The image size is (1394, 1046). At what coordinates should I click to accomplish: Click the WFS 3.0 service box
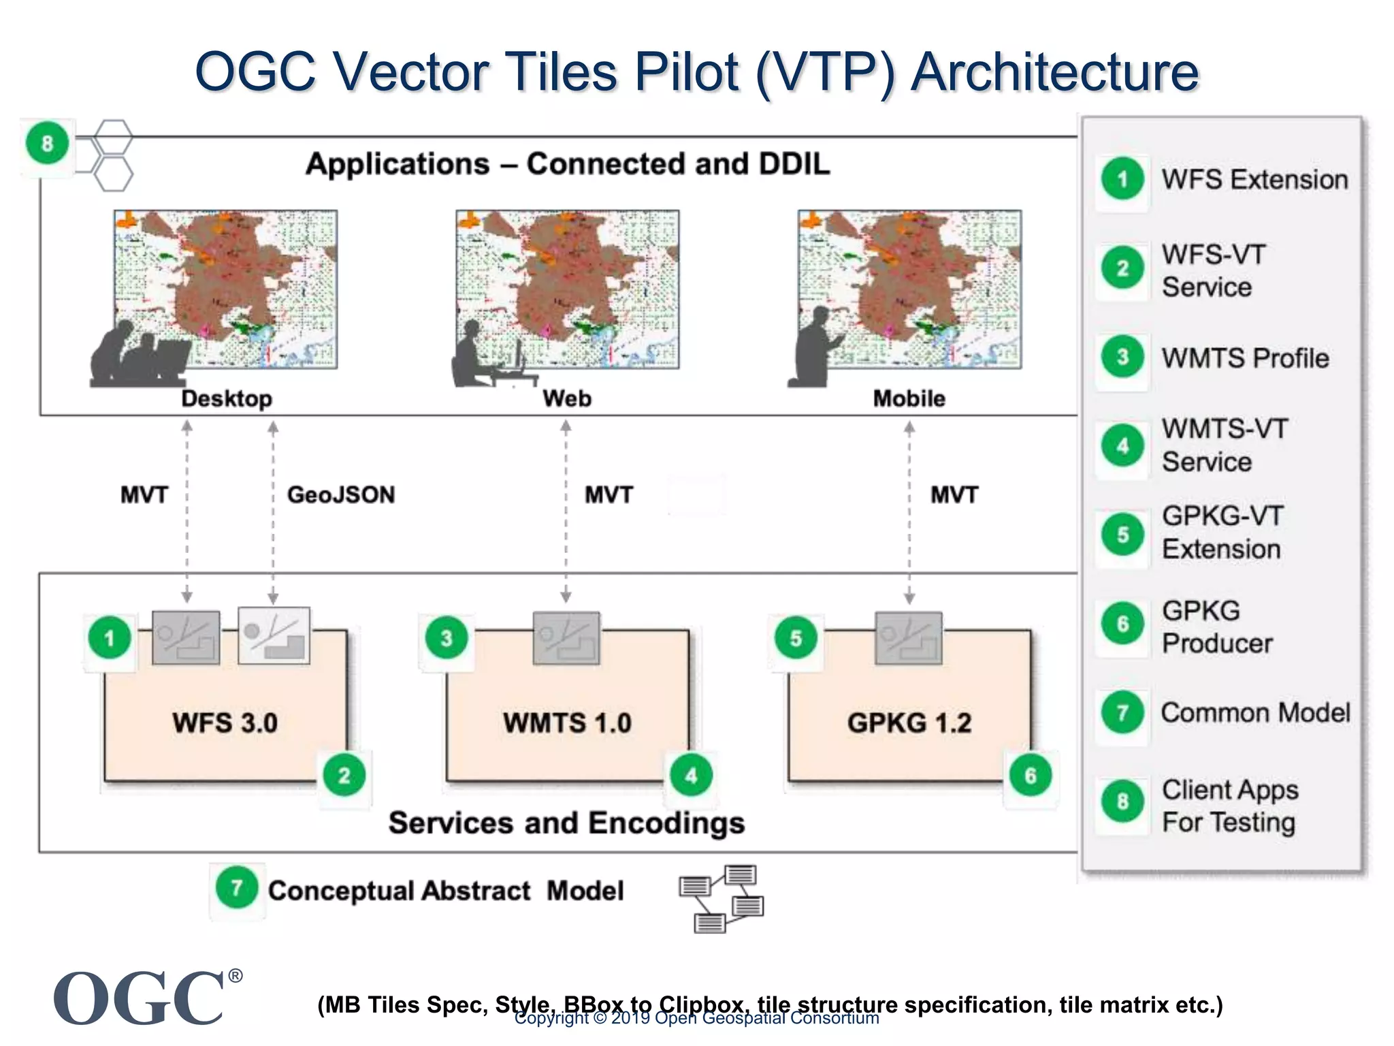tap(225, 722)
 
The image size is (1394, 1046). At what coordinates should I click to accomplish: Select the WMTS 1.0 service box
tap(567, 722)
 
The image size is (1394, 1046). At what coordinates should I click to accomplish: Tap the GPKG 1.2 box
tap(909, 722)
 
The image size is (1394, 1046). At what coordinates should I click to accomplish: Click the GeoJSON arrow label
tap(340, 494)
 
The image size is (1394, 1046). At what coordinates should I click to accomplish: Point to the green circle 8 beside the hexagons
tap(47, 144)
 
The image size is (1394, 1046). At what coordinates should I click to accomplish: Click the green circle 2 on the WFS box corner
tap(344, 775)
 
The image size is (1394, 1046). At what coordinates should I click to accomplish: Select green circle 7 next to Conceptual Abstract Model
tap(236, 887)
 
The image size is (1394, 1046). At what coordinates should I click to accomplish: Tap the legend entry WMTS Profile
tap(1245, 358)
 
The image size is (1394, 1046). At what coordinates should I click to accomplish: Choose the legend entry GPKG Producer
tap(1216, 627)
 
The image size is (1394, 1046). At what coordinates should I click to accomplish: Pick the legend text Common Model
tap(1255, 712)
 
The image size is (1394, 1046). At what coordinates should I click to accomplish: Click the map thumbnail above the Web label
tap(567, 289)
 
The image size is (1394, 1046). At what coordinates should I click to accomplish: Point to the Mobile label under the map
tap(909, 398)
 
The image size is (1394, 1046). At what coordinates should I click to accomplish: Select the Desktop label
tap(226, 398)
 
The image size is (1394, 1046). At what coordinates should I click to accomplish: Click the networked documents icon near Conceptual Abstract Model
tap(722, 898)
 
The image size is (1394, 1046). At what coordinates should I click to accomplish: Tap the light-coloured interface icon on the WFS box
tap(274, 635)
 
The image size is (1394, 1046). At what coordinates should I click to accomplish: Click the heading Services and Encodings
tap(566, 823)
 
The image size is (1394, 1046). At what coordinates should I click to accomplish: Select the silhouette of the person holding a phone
tap(813, 347)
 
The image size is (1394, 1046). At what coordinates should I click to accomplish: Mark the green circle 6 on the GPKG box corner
tap(1031, 775)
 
